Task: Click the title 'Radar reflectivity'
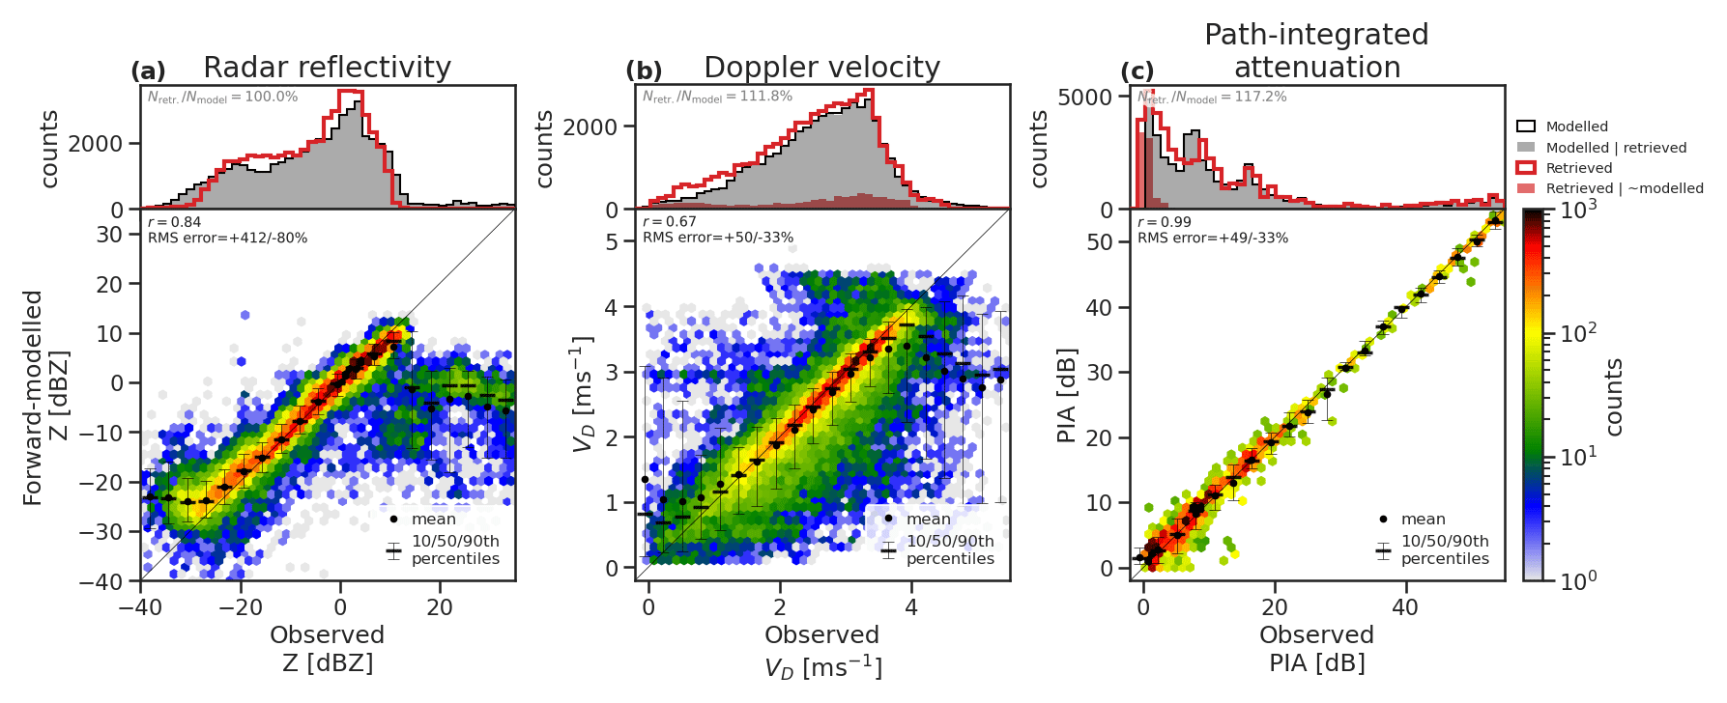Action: [327, 68]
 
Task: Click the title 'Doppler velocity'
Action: [821, 68]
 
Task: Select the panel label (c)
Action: [1137, 71]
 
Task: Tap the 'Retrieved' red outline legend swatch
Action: [1526, 168]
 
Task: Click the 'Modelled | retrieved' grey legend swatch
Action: [1526, 148]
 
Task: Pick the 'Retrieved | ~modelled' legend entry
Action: [1625, 188]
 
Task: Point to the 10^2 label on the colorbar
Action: [1578, 333]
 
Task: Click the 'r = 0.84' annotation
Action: [175, 222]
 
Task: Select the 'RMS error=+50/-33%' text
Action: [718, 238]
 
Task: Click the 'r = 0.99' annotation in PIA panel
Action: [1165, 222]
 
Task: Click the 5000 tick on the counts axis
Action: [1085, 97]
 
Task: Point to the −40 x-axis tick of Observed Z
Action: [141, 607]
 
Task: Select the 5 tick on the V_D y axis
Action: [613, 242]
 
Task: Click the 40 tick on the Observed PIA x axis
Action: [1405, 607]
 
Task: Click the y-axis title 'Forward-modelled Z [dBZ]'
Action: [45, 397]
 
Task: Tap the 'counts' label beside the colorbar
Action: [1614, 397]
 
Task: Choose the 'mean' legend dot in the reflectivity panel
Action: [393, 520]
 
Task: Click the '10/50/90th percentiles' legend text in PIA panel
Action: [1445, 549]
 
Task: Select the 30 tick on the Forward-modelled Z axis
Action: [110, 235]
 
